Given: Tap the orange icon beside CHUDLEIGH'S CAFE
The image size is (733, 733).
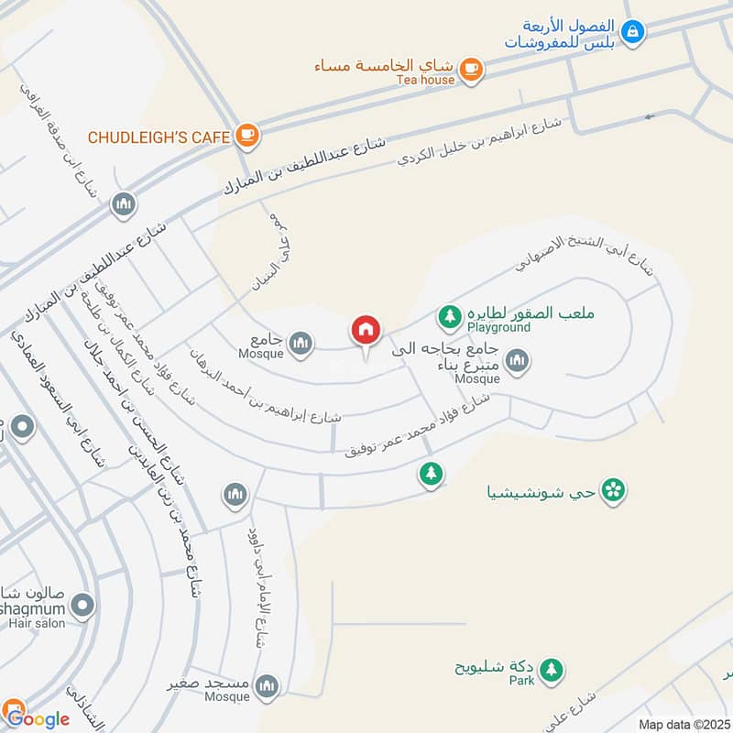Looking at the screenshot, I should tap(246, 137).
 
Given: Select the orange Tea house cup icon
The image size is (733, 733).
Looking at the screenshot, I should tap(470, 68).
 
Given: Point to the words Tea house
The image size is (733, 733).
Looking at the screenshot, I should tap(425, 81).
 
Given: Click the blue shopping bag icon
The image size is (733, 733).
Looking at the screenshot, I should tap(631, 33).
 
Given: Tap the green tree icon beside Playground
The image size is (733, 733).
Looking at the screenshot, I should tap(449, 317).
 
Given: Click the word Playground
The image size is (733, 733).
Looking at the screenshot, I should tap(498, 327).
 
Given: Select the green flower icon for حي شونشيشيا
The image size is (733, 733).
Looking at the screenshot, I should tap(615, 491).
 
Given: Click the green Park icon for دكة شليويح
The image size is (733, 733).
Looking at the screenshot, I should tap(550, 670).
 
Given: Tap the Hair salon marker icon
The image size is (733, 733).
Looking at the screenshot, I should tap(82, 605).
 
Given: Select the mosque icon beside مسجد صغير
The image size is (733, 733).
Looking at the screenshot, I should tap(267, 685).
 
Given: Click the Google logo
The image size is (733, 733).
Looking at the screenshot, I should tap(36, 717).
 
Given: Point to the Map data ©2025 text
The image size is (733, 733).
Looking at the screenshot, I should tap(683, 724).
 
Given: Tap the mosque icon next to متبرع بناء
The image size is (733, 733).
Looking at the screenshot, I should tap(518, 362).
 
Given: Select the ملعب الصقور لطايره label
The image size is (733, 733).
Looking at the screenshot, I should tap(531, 312).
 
